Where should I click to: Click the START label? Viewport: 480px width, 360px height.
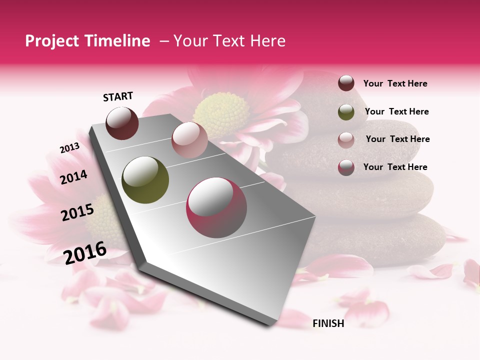click(x=118, y=96)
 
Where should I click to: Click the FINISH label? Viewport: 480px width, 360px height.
click(x=328, y=323)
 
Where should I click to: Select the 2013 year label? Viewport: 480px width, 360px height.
click(x=69, y=148)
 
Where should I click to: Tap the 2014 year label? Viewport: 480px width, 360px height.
click(x=74, y=177)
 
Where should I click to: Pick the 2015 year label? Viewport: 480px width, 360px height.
click(x=77, y=212)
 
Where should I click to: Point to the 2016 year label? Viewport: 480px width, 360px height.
click(x=85, y=252)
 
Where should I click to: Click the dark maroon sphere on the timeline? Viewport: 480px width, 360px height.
click(x=122, y=123)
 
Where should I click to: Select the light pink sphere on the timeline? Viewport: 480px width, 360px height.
click(x=189, y=140)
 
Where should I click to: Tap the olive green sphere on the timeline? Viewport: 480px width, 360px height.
click(x=145, y=180)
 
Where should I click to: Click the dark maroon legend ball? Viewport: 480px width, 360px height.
click(x=346, y=83)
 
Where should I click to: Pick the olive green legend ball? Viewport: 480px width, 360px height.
click(x=346, y=112)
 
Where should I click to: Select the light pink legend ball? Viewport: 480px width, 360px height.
click(x=346, y=139)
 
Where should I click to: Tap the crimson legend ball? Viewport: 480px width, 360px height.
click(x=346, y=167)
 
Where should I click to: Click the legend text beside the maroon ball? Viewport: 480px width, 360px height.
click(x=395, y=83)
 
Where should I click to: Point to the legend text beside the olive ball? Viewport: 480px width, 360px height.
click(x=397, y=111)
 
